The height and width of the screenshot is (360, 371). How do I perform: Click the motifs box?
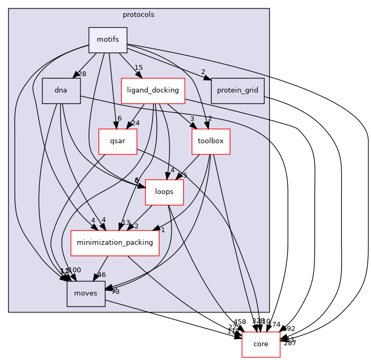pos(108,40)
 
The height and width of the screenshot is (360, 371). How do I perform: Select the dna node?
pos(61,90)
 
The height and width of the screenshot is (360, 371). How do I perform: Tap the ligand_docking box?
pos(152,90)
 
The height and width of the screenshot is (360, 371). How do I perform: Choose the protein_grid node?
pos(237,90)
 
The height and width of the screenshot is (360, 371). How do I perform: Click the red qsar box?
pos(118,142)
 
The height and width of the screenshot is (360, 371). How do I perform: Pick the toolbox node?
pos(211,142)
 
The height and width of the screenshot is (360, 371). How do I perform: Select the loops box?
pos(164,192)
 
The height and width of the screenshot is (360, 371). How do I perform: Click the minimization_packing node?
pos(115,243)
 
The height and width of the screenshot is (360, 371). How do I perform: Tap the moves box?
pos(86,294)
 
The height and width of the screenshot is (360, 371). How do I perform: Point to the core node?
pos(261,344)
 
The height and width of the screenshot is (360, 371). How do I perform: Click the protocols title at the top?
pos(139,15)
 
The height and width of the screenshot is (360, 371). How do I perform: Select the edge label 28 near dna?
pos(82,74)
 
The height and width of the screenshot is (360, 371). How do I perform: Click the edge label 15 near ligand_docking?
pos(139,68)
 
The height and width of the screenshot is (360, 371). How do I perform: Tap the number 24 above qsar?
pos(135,124)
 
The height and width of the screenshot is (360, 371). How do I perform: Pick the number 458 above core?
pos(240,321)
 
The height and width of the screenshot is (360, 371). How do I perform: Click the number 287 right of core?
pos(290,343)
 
